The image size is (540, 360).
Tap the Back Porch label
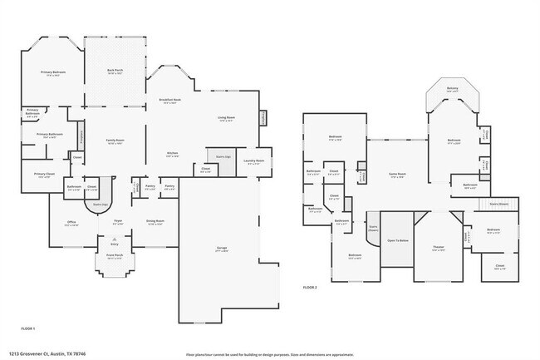coord(115,72)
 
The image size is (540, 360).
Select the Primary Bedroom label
coord(54,73)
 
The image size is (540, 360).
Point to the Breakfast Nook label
coord(171,101)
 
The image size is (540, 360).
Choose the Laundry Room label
coord(255,161)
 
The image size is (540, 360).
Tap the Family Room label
coord(115,142)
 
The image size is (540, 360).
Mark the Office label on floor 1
coord(72,222)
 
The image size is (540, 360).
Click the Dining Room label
coord(155,222)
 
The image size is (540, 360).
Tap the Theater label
coord(439,249)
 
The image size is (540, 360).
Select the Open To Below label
coord(398,240)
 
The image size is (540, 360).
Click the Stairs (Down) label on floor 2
coord(498,203)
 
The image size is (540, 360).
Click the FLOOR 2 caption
coord(310,287)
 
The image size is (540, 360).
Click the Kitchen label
coord(173,154)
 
